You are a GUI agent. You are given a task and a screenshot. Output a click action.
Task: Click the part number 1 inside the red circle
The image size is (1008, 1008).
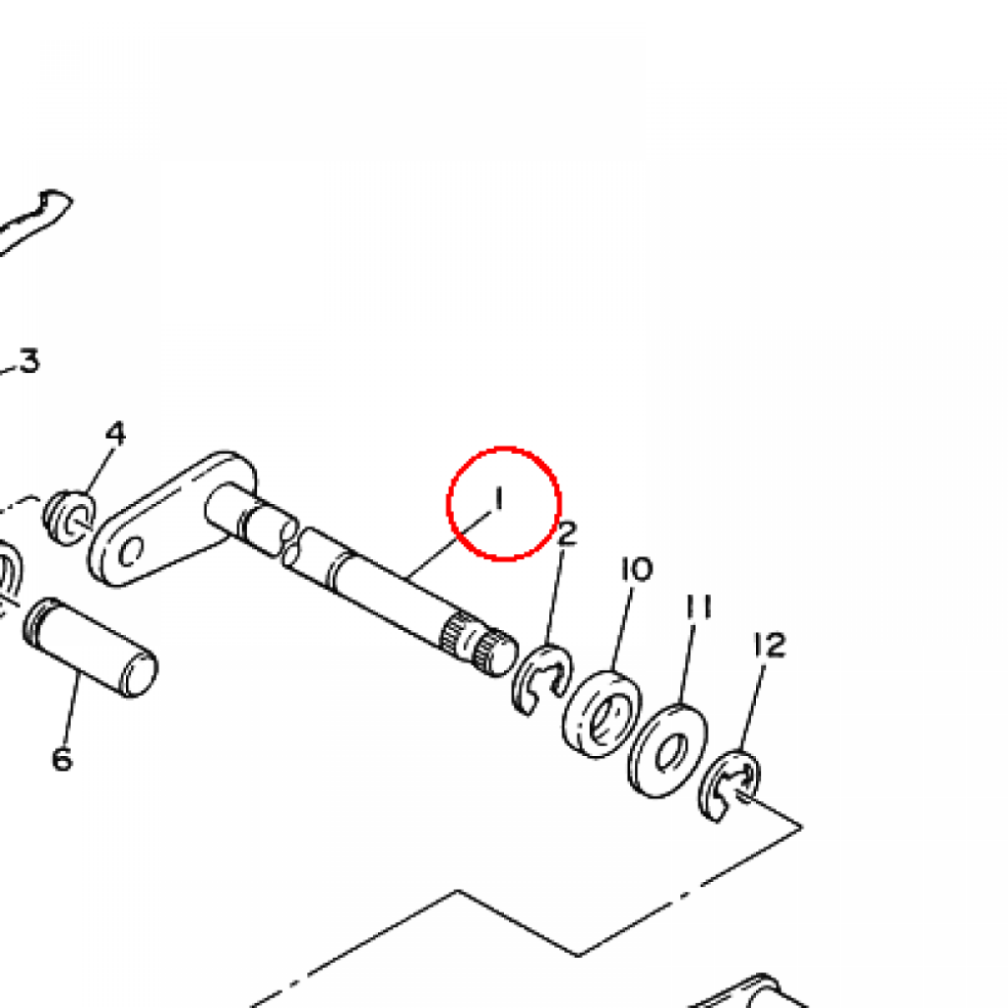click(498, 499)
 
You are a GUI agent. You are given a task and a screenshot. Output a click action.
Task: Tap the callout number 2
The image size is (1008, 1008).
click(567, 535)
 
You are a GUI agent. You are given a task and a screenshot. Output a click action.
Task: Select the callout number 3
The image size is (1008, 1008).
click(29, 361)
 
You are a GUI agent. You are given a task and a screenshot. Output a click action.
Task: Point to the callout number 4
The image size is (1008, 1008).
click(116, 433)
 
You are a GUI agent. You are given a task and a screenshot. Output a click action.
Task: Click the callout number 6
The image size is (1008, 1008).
click(61, 759)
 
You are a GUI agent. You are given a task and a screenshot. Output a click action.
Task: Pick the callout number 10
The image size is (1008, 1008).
click(636, 570)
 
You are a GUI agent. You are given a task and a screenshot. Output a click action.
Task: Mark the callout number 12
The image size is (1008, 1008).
click(770, 646)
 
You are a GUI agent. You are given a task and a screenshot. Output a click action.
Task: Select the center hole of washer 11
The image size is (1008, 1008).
click(670, 754)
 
